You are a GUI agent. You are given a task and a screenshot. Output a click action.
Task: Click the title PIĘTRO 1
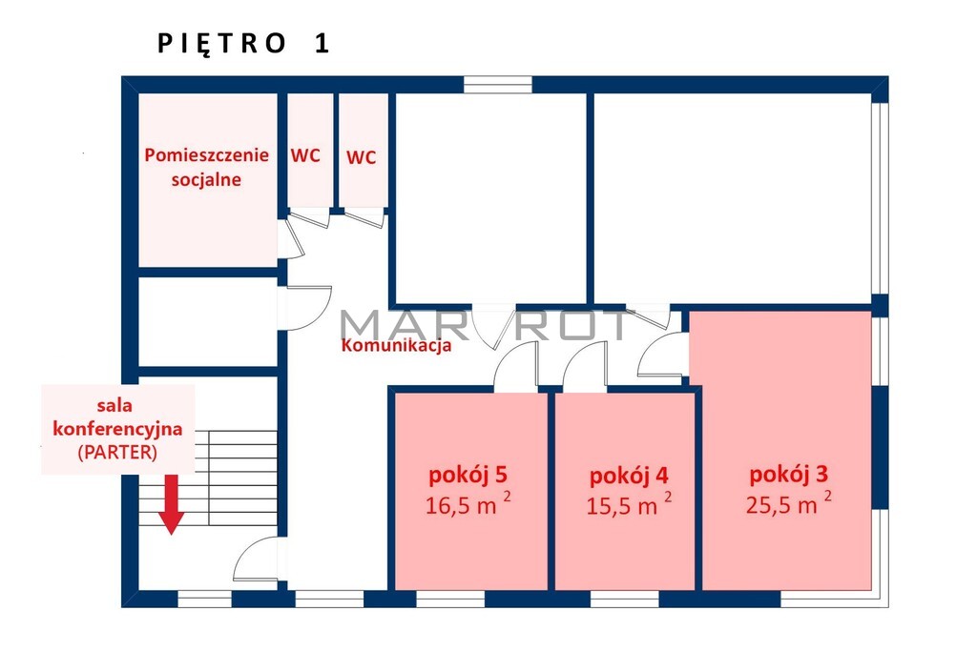(243, 44)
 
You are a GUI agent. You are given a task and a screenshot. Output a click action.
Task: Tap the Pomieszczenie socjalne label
(207, 167)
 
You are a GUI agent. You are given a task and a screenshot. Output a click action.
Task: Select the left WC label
(305, 155)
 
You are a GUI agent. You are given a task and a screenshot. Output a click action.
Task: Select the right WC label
(362, 157)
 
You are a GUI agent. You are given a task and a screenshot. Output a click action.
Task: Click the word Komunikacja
(396, 345)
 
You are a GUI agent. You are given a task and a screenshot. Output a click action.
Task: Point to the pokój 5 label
(468, 475)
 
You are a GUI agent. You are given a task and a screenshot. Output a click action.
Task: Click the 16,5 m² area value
(468, 503)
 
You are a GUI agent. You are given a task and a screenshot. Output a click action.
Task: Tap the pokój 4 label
(629, 476)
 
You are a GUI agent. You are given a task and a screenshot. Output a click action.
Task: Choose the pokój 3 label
(789, 475)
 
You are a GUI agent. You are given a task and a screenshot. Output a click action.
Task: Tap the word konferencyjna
(117, 429)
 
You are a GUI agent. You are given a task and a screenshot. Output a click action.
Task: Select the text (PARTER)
(117, 453)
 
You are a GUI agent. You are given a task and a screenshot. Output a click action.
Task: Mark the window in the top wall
(498, 85)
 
